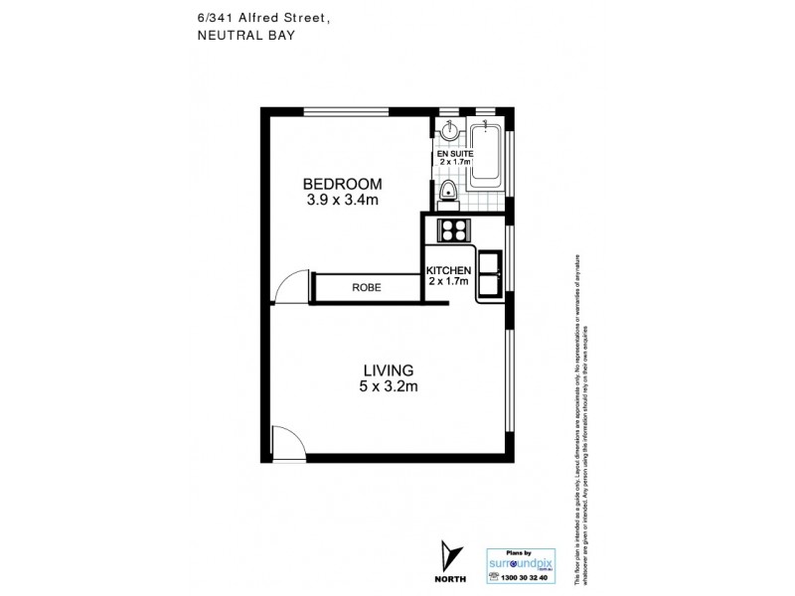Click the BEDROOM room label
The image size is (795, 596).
(x=343, y=184)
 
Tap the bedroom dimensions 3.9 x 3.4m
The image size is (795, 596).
(x=343, y=200)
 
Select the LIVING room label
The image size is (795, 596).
(x=388, y=371)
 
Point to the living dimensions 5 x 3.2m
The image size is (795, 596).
(x=388, y=387)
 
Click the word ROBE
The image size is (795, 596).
(x=365, y=288)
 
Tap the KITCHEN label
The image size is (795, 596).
(x=448, y=271)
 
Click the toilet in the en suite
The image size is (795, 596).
(x=448, y=192)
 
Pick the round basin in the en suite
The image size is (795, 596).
(x=449, y=130)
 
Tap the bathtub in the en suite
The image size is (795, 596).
(x=486, y=153)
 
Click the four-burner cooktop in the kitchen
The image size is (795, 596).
(x=452, y=230)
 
